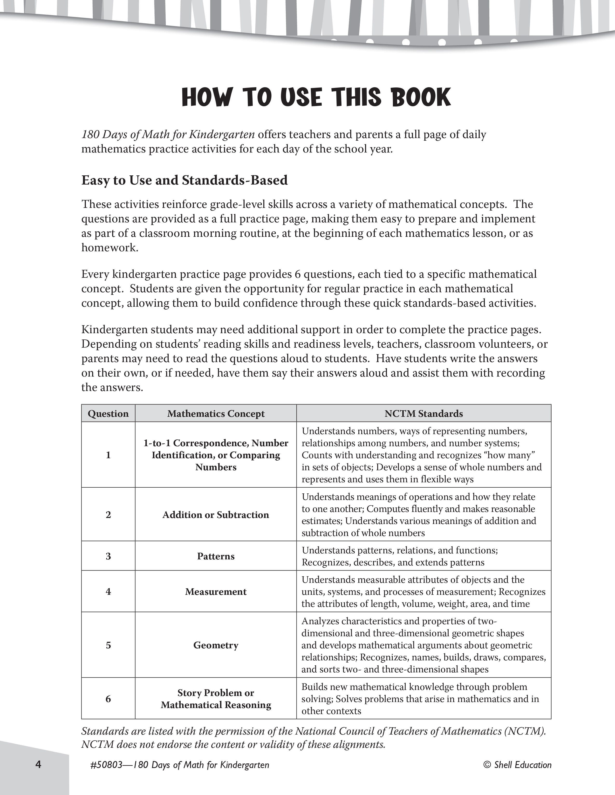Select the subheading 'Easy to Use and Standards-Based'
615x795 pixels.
point(184,180)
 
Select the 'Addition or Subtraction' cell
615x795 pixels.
point(216,515)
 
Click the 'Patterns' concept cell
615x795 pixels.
point(216,556)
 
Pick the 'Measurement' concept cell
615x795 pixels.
point(216,591)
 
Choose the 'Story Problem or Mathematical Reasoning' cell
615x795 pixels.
point(216,699)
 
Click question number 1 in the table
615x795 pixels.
point(108,455)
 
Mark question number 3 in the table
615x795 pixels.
point(108,556)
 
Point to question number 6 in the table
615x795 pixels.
point(108,699)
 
